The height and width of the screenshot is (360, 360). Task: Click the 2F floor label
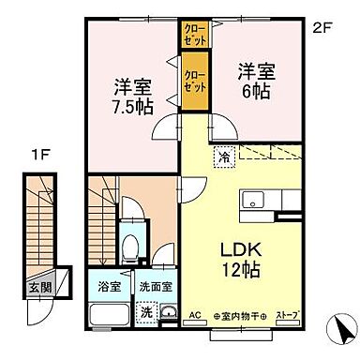click(x=322, y=27)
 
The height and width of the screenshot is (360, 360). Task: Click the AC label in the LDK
click(x=196, y=316)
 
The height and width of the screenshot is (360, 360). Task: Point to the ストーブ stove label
click(x=288, y=317)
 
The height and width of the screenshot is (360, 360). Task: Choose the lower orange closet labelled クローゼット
click(x=196, y=80)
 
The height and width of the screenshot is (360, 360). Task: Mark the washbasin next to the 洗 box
click(x=168, y=313)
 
